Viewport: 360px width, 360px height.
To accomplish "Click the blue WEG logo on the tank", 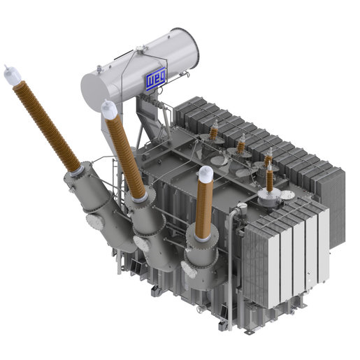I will click(x=154, y=82).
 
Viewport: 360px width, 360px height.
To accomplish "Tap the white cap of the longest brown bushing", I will click(x=10, y=73).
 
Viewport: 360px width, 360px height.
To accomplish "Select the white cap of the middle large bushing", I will click(x=108, y=109).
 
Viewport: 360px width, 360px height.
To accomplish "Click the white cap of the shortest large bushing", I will click(x=205, y=173).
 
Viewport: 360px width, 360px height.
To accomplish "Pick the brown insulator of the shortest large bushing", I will click(x=203, y=207).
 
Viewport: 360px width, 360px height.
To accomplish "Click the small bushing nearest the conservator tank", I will click(x=215, y=131).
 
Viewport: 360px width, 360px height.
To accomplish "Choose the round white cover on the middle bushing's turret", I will click(x=142, y=245).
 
